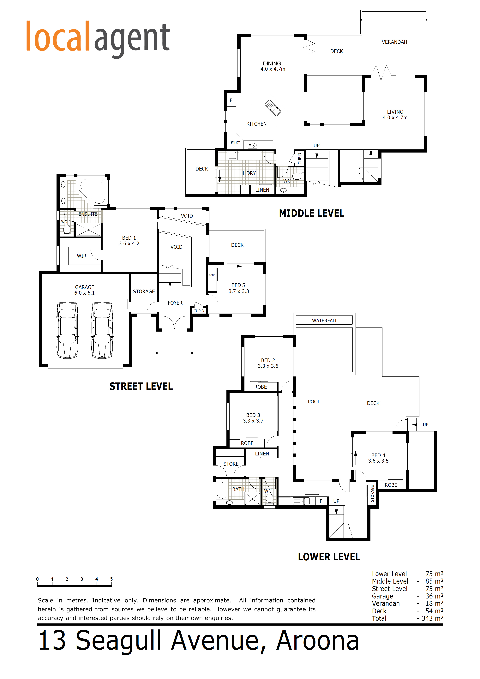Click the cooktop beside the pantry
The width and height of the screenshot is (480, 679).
click(252, 145)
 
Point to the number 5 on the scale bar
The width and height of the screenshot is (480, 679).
click(111, 579)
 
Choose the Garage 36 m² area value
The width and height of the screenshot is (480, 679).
click(434, 596)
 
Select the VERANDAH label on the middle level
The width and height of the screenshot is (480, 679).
click(394, 42)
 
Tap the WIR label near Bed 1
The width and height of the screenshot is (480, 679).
click(82, 256)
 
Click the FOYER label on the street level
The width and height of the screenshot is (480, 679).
click(175, 303)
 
